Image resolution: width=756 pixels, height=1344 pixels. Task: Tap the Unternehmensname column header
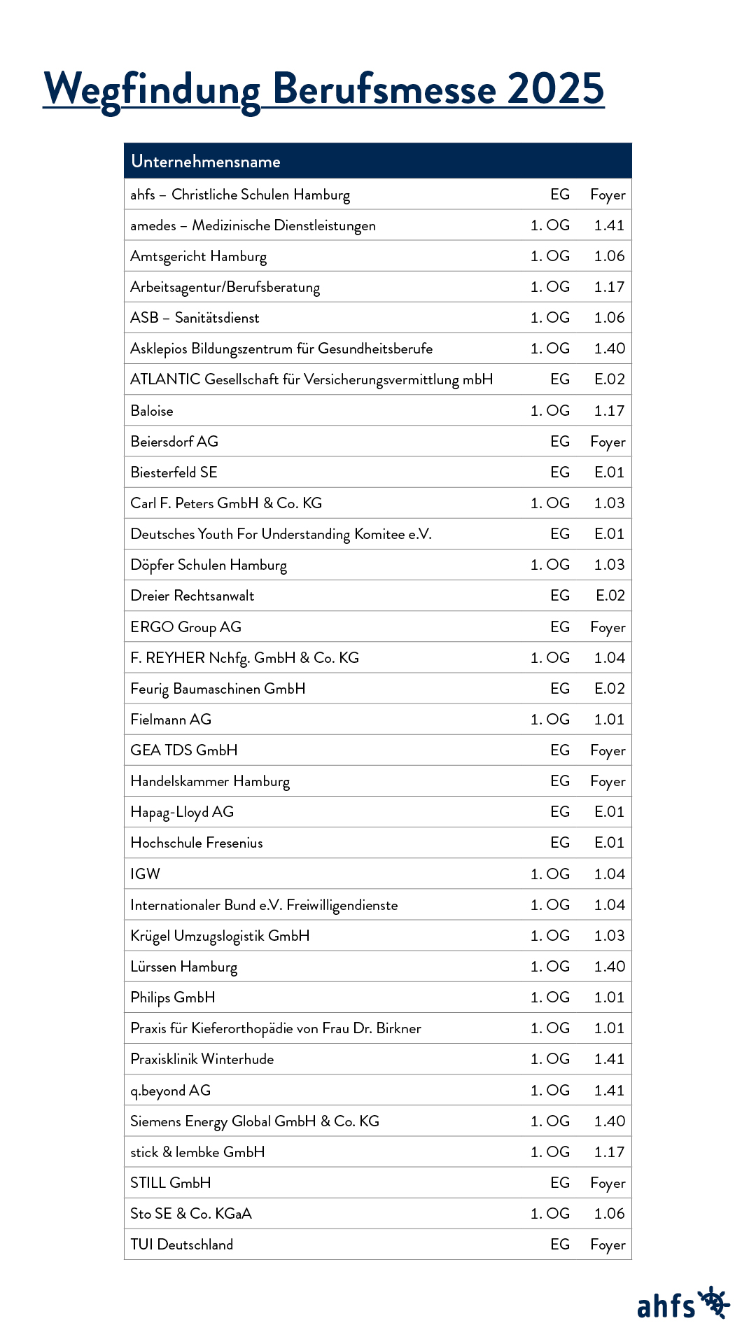(x=206, y=162)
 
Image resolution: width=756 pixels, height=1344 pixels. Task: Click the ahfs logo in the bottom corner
(x=682, y=1304)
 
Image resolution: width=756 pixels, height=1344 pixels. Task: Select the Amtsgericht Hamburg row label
(x=199, y=256)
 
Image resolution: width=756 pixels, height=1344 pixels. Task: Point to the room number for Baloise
(x=609, y=411)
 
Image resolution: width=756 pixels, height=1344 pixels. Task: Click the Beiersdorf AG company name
(x=174, y=442)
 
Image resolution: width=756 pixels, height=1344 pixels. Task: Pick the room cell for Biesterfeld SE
(x=609, y=472)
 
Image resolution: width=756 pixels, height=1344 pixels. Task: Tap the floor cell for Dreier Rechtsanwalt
(x=560, y=596)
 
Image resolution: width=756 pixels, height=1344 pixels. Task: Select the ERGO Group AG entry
(x=186, y=627)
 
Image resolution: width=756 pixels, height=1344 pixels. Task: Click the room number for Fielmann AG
(x=609, y=720)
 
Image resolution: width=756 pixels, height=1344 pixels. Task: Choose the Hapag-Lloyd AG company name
(x=182, y=812)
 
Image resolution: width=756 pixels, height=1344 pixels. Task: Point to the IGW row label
(x=146, y=874)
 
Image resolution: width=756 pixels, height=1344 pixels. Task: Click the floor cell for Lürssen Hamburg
(x=550, y=967)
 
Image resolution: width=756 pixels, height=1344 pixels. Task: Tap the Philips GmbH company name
(x=173, y=997)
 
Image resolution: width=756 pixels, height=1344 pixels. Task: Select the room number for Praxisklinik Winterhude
(x=609, y=1059)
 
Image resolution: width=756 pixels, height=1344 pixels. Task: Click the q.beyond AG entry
(x=171, y=1091)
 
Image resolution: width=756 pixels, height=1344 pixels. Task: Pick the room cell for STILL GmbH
(x=608, y=1183)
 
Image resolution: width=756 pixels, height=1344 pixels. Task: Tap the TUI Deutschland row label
(x=182, y=1245)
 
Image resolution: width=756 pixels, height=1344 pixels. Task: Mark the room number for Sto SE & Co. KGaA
(x=609, y=1214)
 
